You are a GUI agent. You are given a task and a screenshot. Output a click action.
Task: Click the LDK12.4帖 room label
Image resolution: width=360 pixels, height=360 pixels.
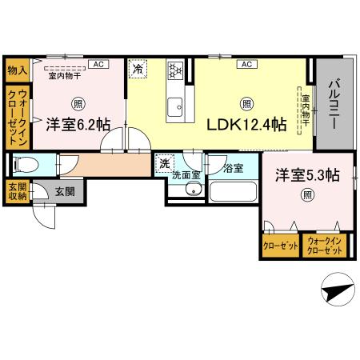(247, 125)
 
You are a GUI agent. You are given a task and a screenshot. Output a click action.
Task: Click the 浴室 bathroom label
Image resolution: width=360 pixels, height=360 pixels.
(233, 168)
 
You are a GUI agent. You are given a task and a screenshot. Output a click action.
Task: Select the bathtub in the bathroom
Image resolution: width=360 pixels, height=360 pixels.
(232, 193)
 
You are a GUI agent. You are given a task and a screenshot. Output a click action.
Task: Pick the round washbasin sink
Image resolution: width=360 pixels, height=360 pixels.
(192, 190)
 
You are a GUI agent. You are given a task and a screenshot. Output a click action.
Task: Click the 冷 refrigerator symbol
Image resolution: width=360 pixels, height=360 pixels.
(138, 70)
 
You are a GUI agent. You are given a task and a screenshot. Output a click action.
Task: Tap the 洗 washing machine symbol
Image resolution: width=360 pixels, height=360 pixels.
(164, 162)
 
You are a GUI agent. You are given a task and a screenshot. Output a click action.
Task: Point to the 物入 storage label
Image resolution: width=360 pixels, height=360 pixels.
(17, 70)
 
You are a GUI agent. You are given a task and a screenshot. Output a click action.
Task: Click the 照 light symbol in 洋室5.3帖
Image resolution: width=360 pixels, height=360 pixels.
(307, 194)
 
